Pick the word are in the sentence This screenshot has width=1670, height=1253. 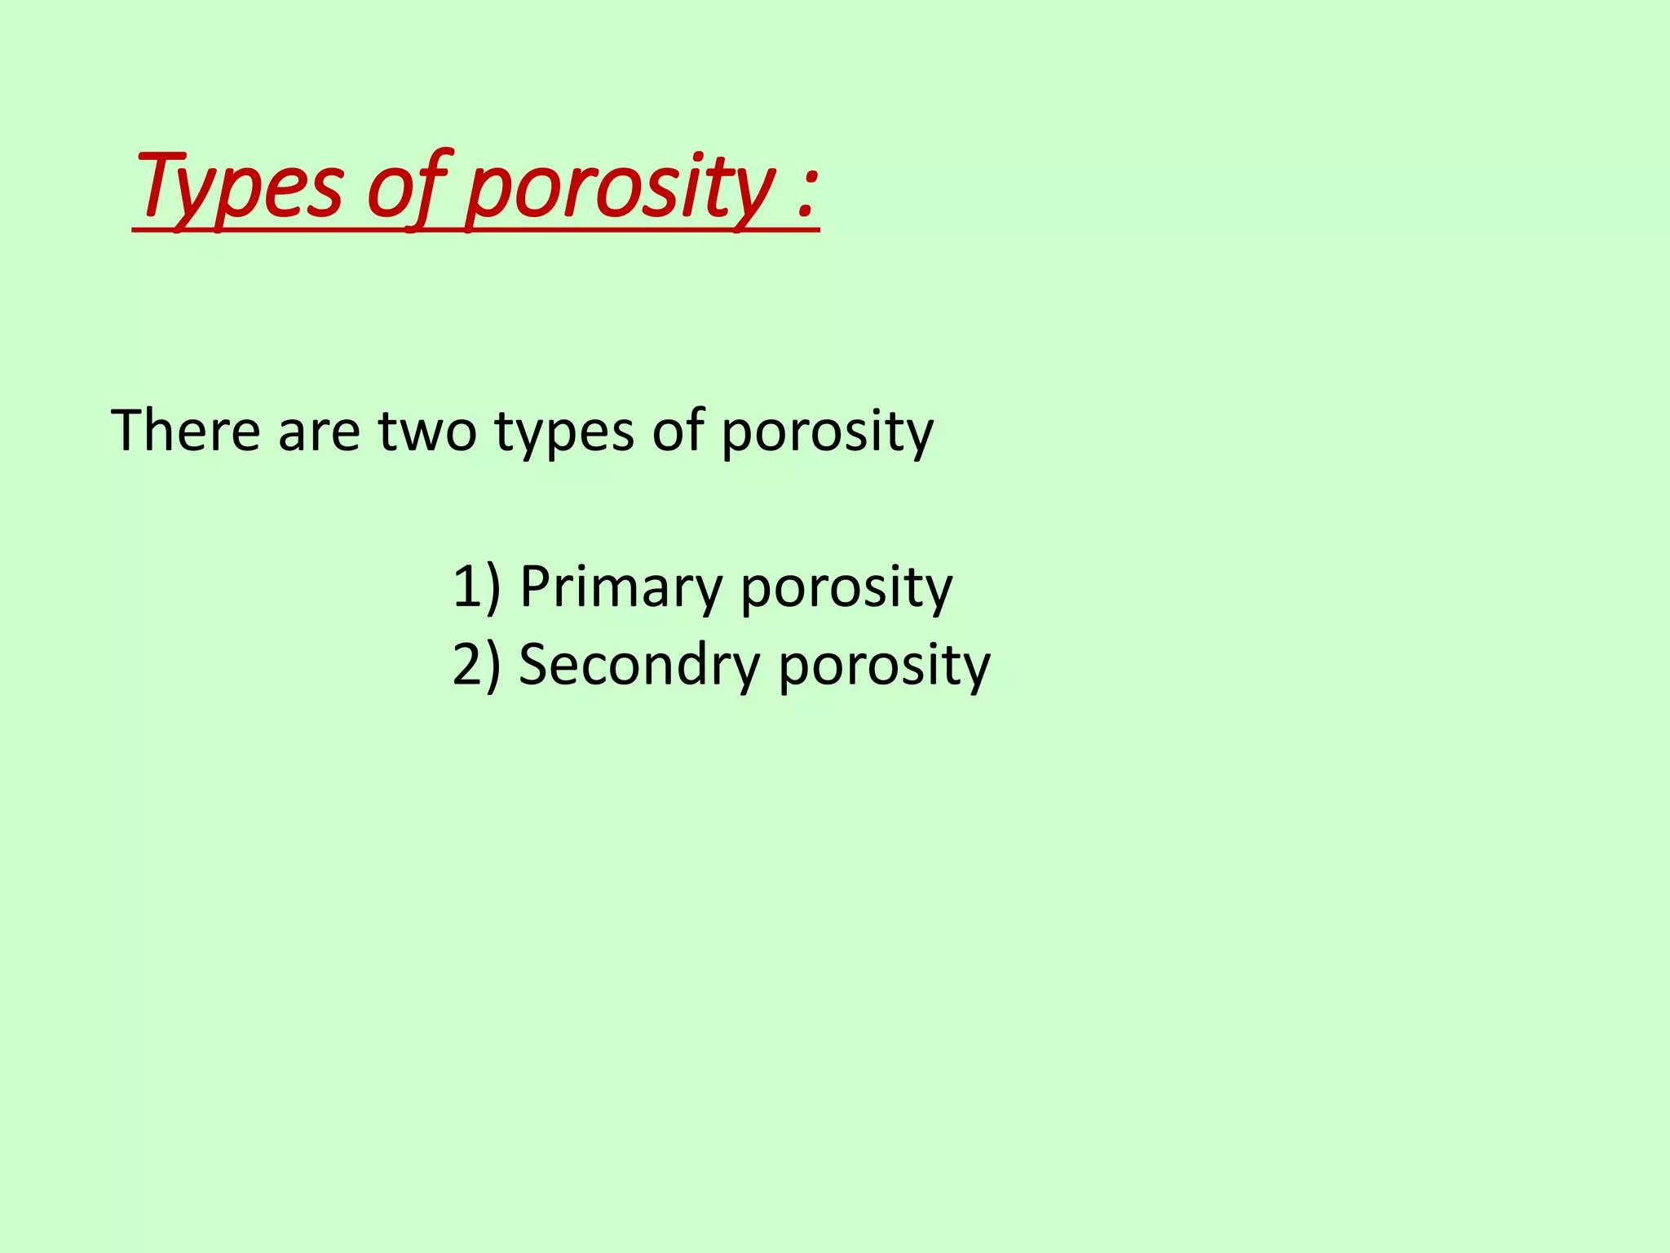tap(319, 432)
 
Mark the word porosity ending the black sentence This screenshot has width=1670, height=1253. tap(827, 432)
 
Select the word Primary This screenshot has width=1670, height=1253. tap(621, 587)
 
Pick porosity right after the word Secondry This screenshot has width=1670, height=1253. tap(884, 666)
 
